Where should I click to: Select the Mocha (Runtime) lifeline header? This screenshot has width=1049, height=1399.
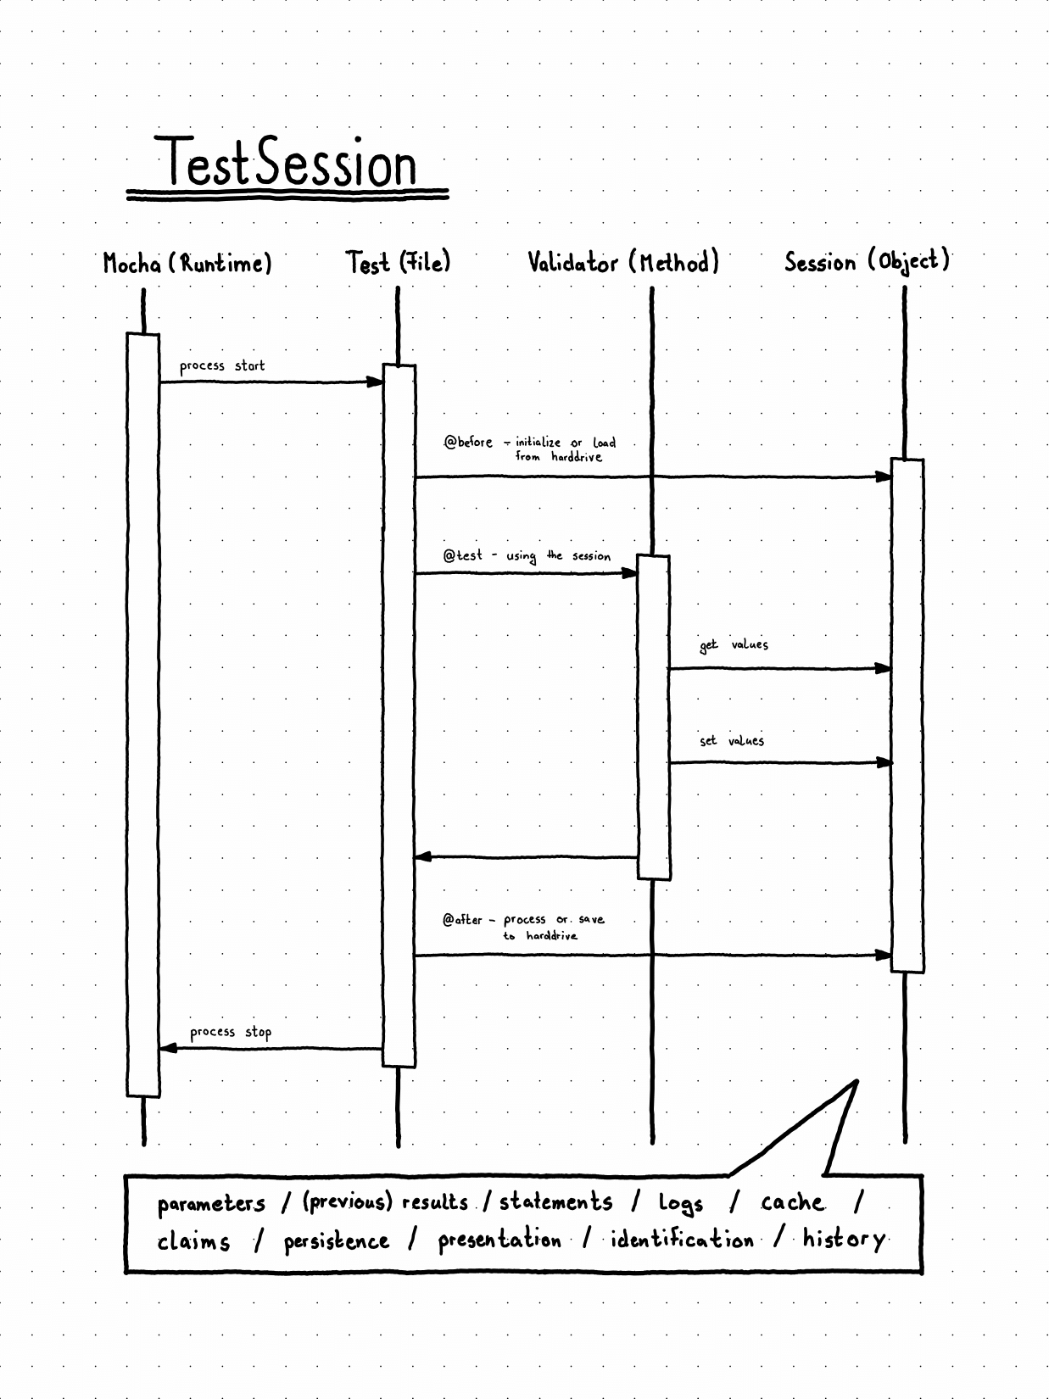(187, 263)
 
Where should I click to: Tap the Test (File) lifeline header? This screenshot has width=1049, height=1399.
(398, 263)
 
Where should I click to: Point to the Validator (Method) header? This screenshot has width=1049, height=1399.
(623, 262)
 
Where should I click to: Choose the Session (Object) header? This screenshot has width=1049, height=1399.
(867, 262)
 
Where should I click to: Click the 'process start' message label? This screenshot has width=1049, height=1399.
(222, 366)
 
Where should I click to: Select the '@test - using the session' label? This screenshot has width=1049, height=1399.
(527, 556)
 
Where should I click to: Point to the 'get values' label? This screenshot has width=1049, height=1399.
(734, 645)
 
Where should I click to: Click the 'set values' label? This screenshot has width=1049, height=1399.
(732, 741)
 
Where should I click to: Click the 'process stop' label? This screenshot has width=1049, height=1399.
(231, 1033)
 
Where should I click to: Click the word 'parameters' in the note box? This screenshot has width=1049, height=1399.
(211, 1205)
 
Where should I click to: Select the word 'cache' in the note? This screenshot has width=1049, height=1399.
(792, 1202)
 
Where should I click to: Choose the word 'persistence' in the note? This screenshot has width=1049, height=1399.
(336, 1242)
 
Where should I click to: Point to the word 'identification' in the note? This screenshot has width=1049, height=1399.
(682, 1240)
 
